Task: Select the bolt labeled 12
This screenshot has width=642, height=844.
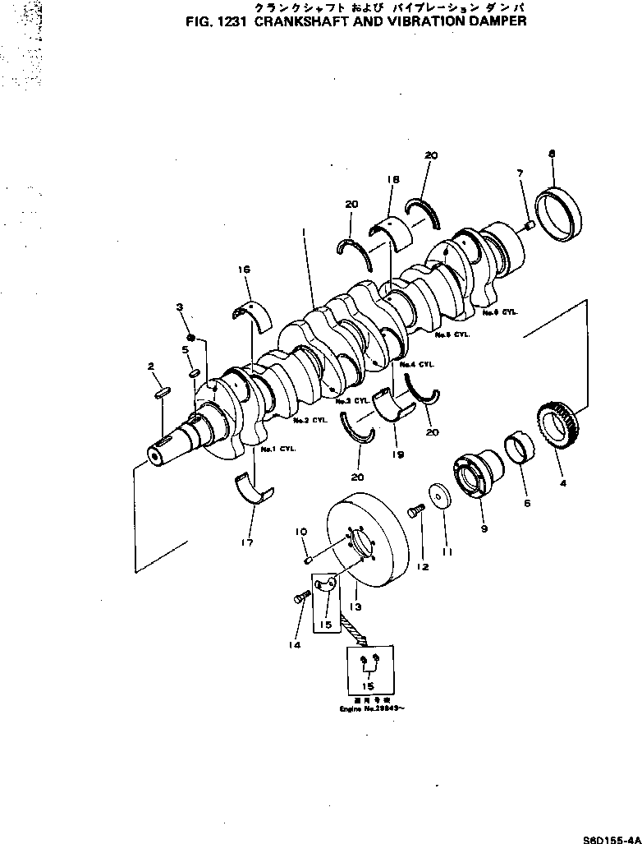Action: pyautogui.click(x=414, y=513)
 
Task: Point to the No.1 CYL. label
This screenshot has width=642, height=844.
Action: pyautogui.click(x=278, y=450)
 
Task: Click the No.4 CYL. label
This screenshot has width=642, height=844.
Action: pyautogui.click(x=417, y=363)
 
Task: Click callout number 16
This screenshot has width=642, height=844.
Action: pyautogui.click(x=244, y=268)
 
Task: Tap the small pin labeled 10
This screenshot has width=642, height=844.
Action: pyautogui.click(x=307, y=560)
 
